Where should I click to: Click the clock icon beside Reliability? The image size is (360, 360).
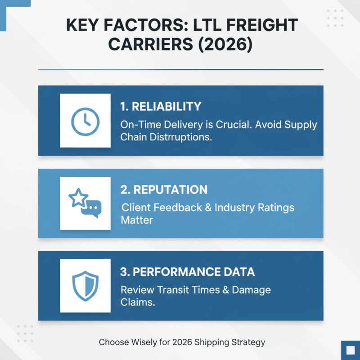[x=85, y=121]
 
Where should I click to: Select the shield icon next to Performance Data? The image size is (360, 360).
[x=85, y=286]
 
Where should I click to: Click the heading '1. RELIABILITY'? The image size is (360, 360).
[x=161, y=107]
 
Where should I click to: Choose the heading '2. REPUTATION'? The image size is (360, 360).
[x=164, y=189]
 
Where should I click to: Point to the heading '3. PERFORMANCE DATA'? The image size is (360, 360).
[x=187, y=272]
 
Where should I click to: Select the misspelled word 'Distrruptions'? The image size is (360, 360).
[x=182, y=137]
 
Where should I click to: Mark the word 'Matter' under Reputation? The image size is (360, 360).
[x=137, y=220]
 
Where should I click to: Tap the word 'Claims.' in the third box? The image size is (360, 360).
[x=138, y=302]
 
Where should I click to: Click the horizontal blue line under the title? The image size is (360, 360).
[x=180, y=69]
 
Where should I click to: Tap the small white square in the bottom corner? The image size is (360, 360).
[x=350, y=350]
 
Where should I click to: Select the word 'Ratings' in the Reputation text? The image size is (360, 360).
[x=277, y=207]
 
